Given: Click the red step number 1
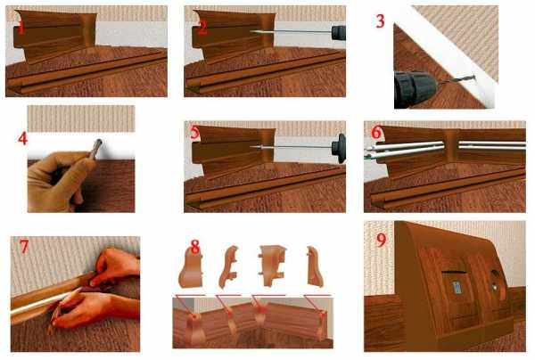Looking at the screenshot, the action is tap(21, 28).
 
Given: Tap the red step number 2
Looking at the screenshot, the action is tap(202, 28).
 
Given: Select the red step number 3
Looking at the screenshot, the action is tap(380, 20).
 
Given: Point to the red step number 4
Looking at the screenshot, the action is tap(23, 138).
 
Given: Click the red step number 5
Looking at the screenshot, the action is tap(194, 132).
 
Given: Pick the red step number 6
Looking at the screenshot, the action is tap(376, 132).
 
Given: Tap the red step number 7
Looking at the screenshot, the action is tap(24, 247).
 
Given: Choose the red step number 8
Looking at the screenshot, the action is tap(194, 247).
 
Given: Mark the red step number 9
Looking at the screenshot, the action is tap(381, 240).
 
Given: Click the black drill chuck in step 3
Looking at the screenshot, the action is tap(414, 88).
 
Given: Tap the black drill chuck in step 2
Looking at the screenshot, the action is tap(339, 33).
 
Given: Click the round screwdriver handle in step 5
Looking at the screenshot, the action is tap(339, 148).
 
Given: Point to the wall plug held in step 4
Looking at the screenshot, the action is tap(96, 149).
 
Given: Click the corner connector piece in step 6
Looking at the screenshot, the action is tap(451, 149).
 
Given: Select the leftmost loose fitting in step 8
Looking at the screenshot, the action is tap(191, 267).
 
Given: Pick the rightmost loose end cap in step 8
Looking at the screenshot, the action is tap(315, 266).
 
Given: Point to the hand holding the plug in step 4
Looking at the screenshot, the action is tap(58, 181).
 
